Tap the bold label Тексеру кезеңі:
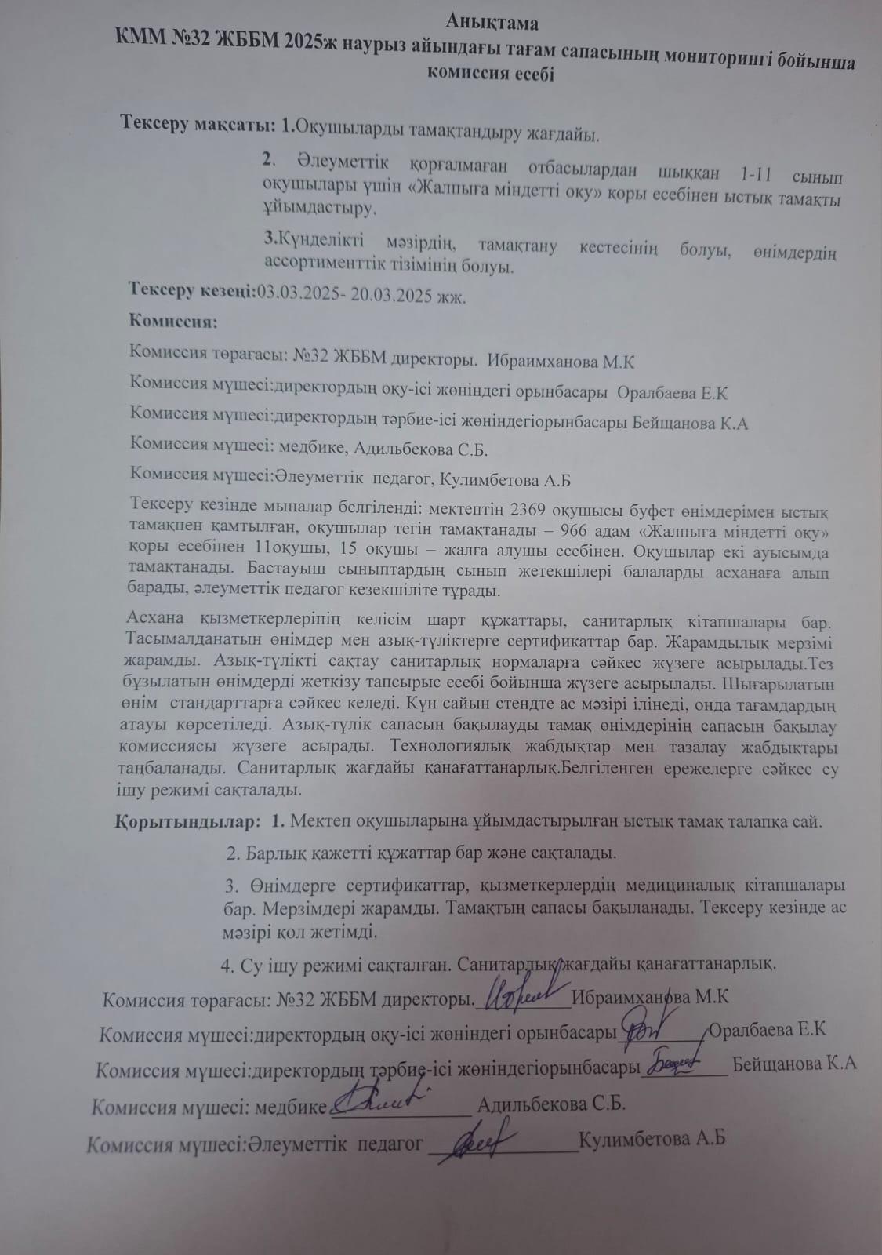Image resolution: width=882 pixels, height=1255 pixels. coord(192,290)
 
